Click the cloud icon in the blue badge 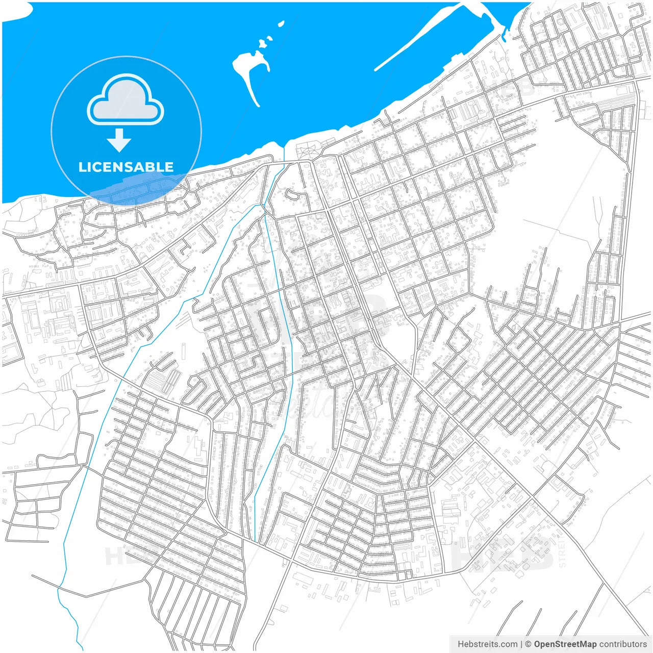125,101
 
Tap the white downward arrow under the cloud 119,140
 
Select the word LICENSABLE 125,167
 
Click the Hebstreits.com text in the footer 487,644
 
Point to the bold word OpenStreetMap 565,644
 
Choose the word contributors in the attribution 622,644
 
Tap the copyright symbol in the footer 528,644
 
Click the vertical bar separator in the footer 521,644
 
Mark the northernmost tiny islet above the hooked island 281,23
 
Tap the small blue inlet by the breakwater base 505,36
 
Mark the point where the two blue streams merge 263,206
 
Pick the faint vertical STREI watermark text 562,554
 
